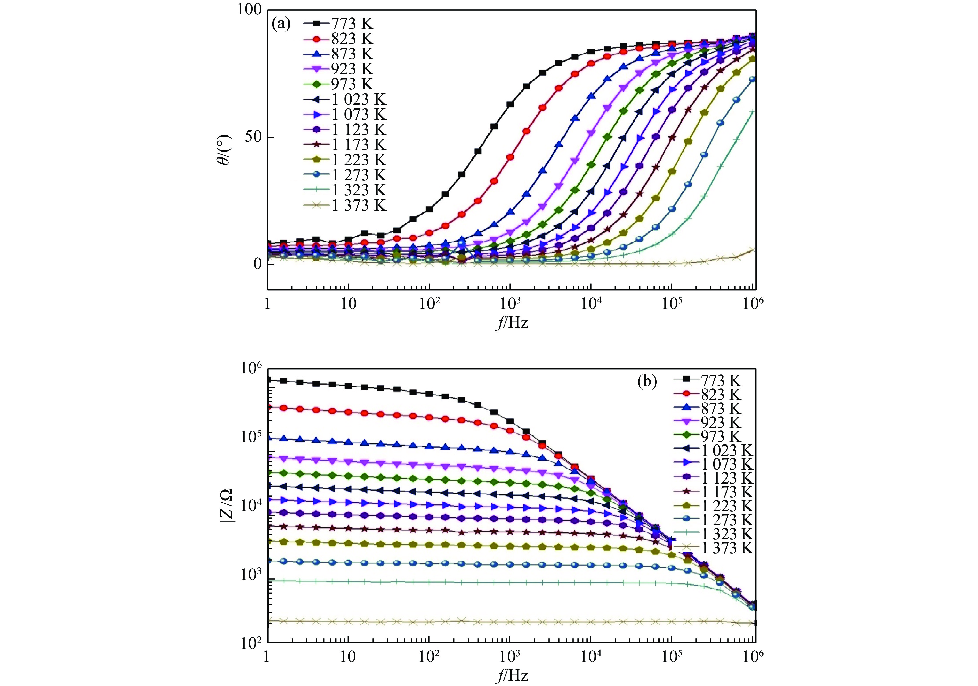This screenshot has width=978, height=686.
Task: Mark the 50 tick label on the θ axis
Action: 254,137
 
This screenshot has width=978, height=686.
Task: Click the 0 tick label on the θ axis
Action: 258,264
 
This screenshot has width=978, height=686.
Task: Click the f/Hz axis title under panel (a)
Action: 512,323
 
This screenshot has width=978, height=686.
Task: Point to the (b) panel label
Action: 647,382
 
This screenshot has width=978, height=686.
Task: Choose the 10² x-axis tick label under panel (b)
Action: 429,657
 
